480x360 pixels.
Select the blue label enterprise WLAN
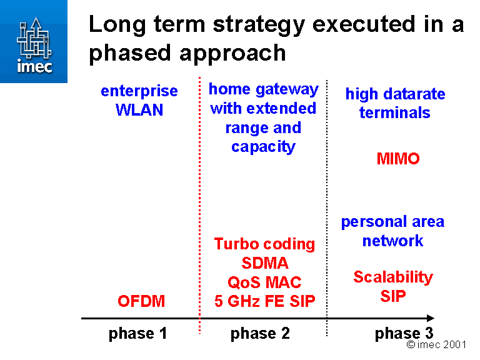click(139, 101)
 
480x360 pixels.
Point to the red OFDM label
click(141, 301)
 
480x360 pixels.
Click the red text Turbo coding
click(264, 244)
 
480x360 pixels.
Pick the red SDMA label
click(265, 263)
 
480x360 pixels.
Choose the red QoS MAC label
click(264, 282)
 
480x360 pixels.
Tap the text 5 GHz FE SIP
click(265, 301)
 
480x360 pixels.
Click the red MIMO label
click(398, 159)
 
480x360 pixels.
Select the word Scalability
click(393, 277)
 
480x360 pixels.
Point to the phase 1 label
click(137, 334)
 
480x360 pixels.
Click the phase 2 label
click(260, 334)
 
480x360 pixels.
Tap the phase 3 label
click(404, 334)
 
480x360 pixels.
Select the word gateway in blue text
click(289, 89)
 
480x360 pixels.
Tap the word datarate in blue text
click(413, 94)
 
